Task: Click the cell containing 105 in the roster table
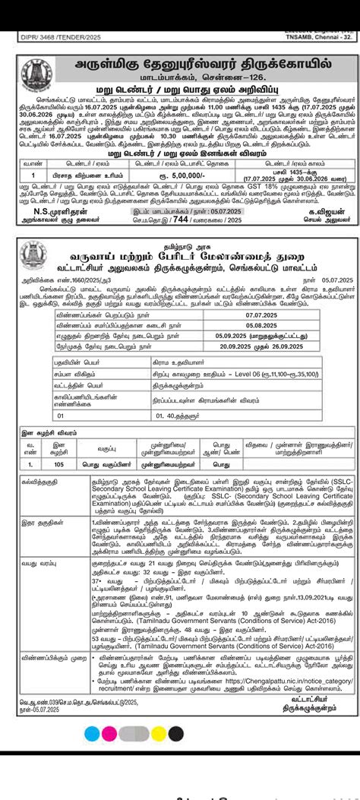61,463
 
